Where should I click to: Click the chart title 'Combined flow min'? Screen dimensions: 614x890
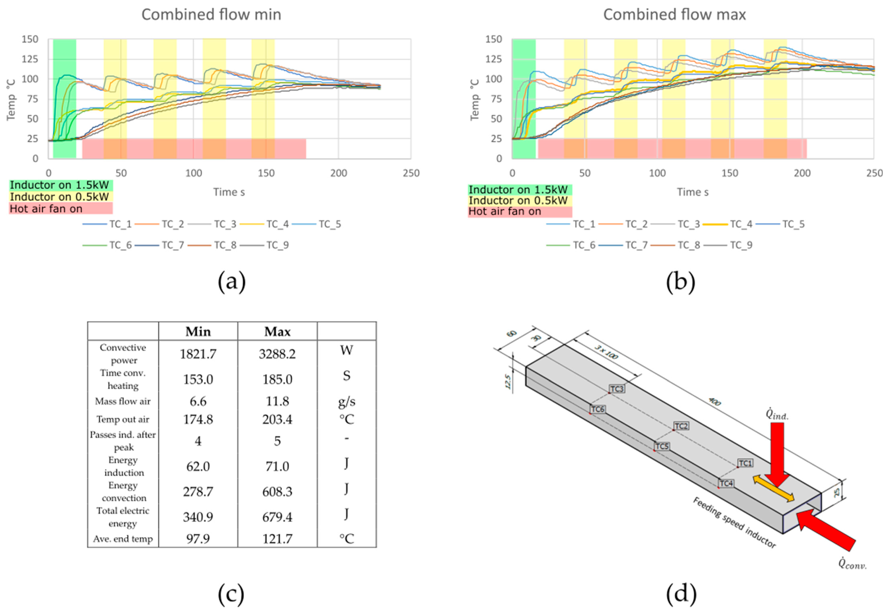pos(211,15)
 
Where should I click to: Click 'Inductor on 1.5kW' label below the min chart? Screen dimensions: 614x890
pos(60,185)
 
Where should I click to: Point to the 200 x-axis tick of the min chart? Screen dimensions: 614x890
pos(338,173)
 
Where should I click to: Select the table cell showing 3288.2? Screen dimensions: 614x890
pos(277,354)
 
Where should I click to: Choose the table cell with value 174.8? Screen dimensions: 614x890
pos(198,419)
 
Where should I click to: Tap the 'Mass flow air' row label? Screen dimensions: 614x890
pos(123,401)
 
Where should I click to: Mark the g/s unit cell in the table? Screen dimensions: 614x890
pos(346,401)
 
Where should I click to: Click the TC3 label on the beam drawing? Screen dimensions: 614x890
pos(617,389)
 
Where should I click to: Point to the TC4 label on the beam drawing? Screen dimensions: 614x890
pos(726,483)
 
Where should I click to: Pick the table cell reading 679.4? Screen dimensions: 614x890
pos(277,517)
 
